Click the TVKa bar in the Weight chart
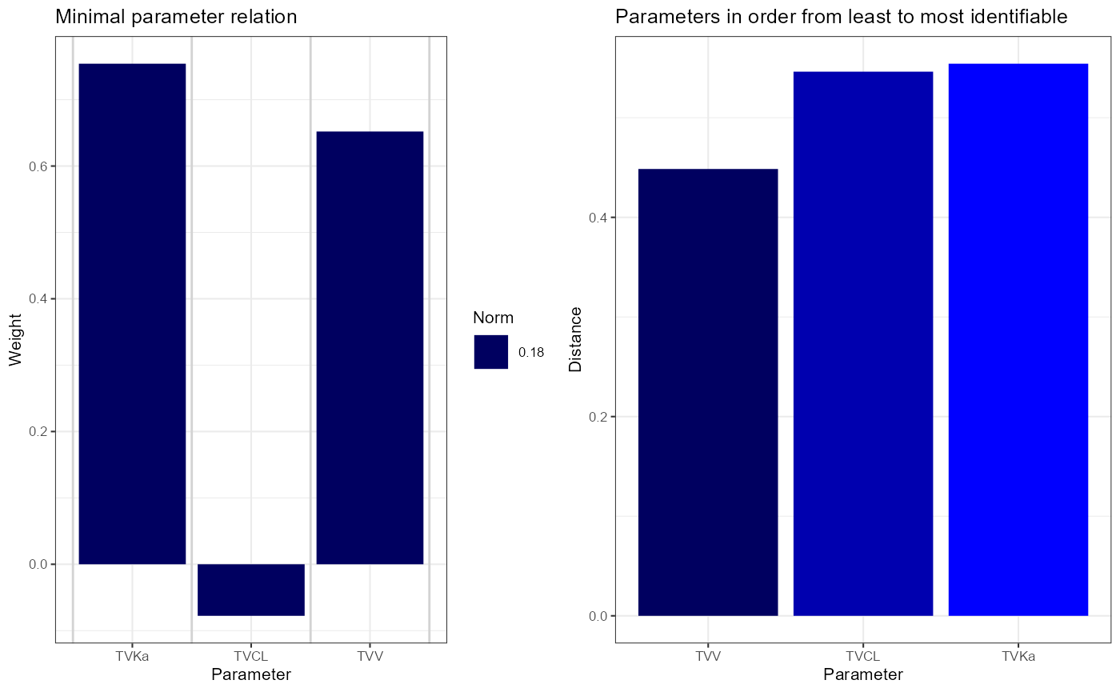pyautogui.click(x=132, y=314)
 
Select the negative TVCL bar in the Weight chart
pyautogui.click(x=251, y=590)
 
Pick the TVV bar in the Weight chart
pyautogui.click(x=370, y=348)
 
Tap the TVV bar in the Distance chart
pyautogui.click(x=708, y=393)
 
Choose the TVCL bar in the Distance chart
pyautogui.click(x=863, y=344)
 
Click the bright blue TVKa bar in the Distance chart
pyautogui.click(x=1018, y=340)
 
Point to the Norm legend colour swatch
pyautogui.click(x=491, y=352)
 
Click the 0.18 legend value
pyautogui.click(x=531, y=353)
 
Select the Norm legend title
pyautogui.click(x=493, y=318)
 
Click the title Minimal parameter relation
pyautogui.click(x=176, y=17)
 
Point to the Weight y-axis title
pyautogui.click(x=15, y=340)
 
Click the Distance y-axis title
pyautogui.click(x=575, y=339)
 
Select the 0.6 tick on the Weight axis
pyautogui.click(x=38, y=166)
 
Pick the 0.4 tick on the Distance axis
pyautogui.click(x=598, y=218)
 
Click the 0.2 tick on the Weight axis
pyautogui.click(x=38, y=431)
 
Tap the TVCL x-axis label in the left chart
pyautogui.click(x=251, y=656)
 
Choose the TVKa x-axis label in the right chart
pyautogui.click(x=1018, y=656)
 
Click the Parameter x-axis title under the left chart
pyautogui.click(x=251, y=674)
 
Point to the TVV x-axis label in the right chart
pyautogui.click(x=708, y=656)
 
